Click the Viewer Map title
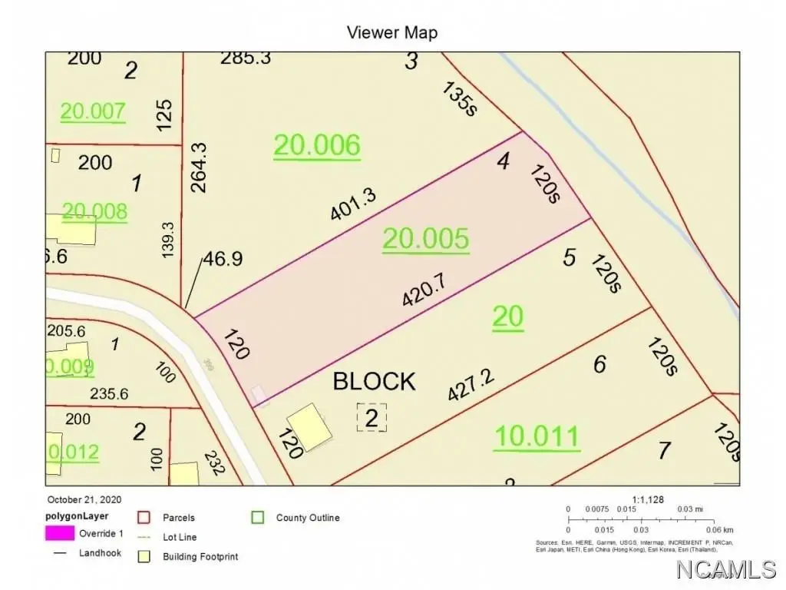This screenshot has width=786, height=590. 392,32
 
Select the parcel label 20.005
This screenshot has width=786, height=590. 425,239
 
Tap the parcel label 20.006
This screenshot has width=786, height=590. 316,144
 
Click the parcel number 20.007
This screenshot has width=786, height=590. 93,111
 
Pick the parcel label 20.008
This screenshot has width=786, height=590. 94,211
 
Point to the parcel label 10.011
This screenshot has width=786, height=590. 537,436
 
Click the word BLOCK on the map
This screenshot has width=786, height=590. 374,381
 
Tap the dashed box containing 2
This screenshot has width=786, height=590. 372,418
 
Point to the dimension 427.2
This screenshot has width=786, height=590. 471,383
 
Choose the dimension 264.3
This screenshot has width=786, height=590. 199,167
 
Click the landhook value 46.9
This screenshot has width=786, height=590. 223,259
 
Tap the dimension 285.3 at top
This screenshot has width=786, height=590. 246,58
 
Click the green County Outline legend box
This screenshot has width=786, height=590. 259,518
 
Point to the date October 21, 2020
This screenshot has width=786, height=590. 84,499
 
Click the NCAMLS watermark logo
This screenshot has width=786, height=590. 725,569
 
